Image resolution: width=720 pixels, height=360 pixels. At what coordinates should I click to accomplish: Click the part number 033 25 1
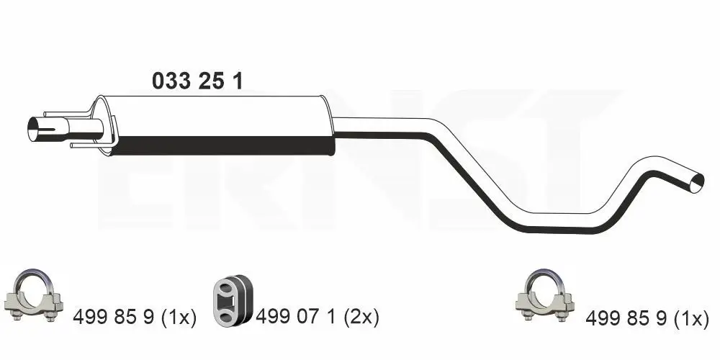197,81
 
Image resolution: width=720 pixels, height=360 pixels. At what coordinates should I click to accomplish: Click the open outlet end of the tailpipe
696,181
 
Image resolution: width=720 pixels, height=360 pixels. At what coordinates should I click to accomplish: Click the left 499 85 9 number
113,317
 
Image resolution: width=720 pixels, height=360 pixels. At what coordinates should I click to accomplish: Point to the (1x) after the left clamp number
177,317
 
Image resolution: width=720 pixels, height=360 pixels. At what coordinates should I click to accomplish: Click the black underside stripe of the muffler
223,146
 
